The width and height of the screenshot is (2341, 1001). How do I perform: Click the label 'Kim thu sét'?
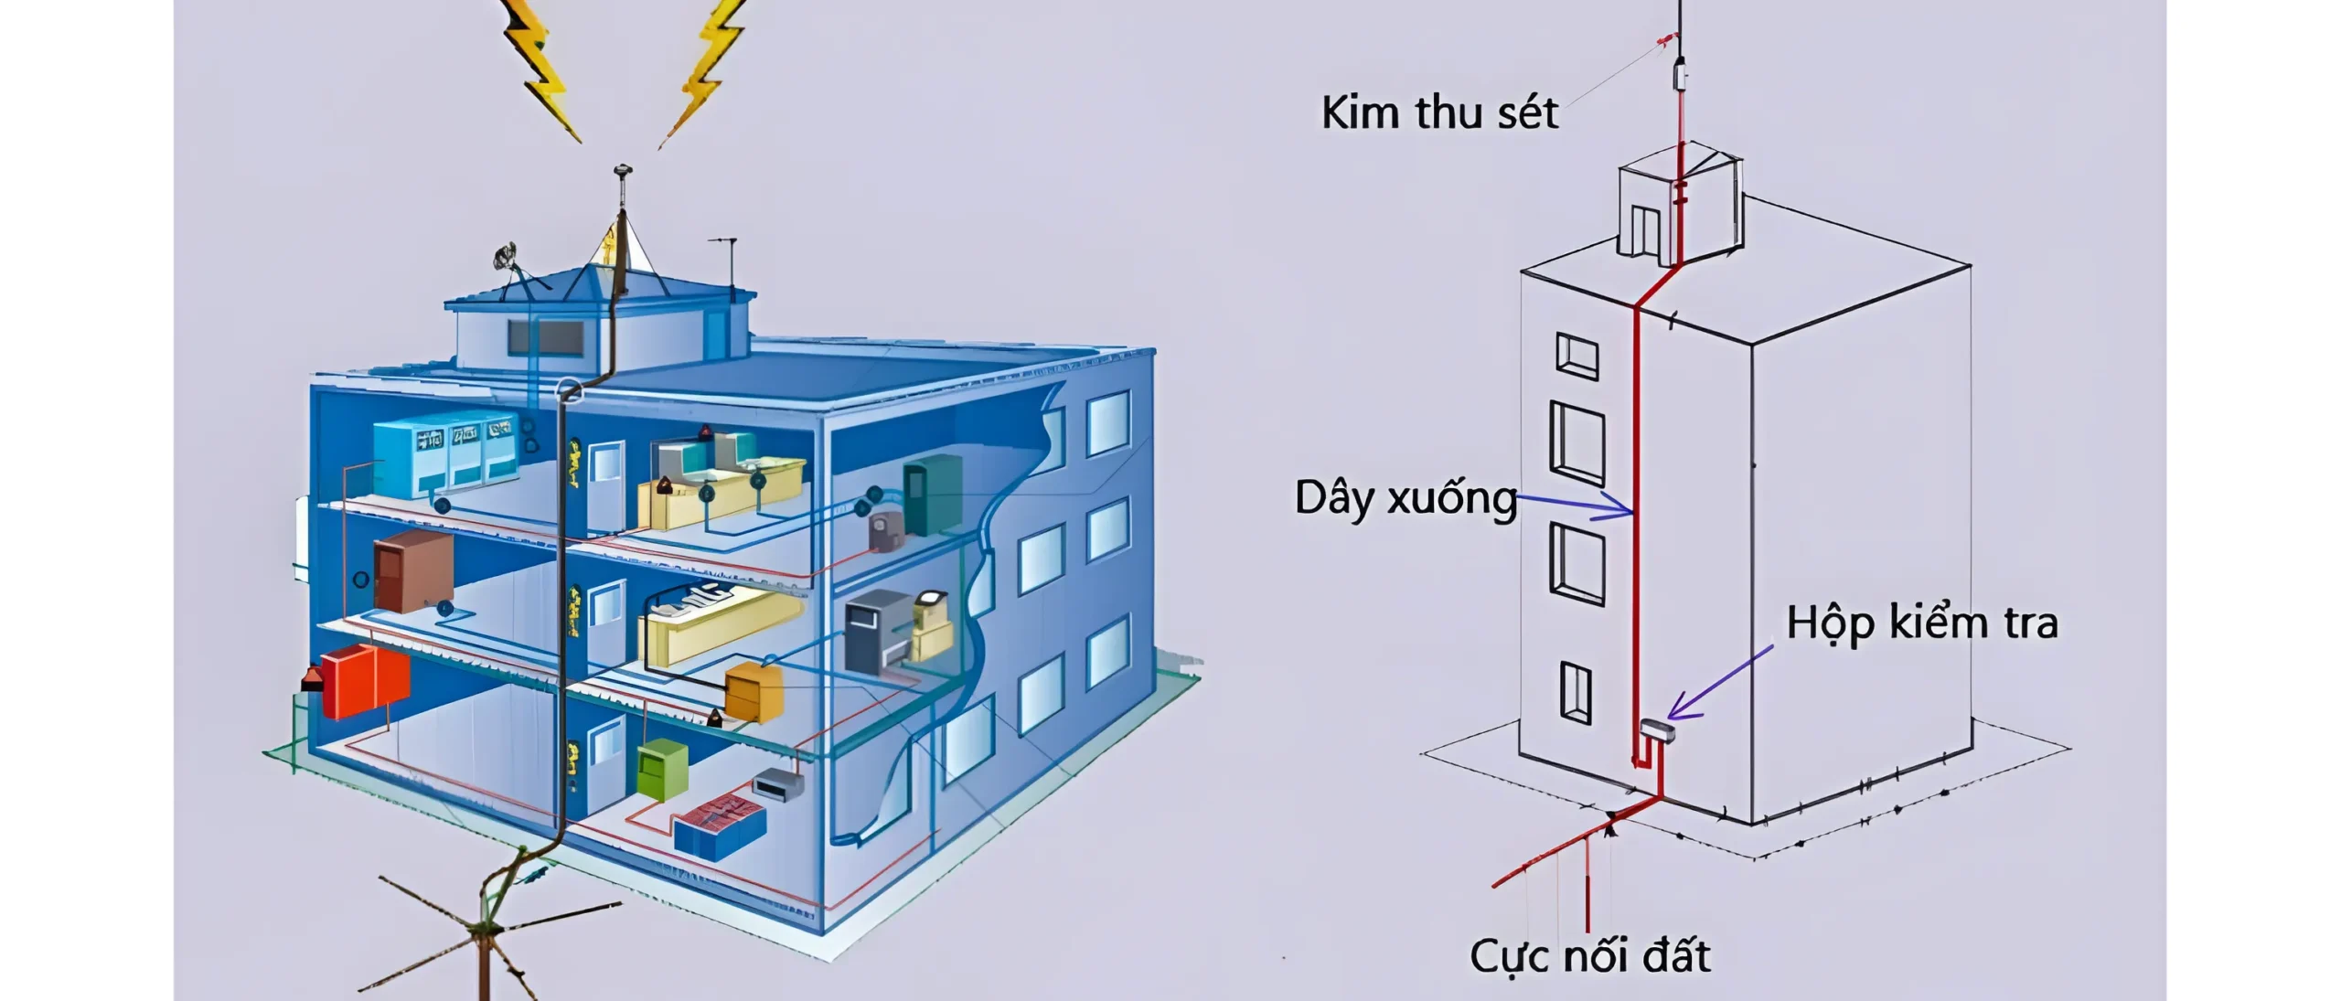[1439, 113]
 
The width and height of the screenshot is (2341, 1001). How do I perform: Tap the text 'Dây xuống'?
[1406, 499]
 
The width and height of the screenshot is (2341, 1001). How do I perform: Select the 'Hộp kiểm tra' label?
[1922, 623]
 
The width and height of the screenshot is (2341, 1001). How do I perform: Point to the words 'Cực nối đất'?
[1590, 956]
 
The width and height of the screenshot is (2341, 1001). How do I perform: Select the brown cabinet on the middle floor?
[412, 572]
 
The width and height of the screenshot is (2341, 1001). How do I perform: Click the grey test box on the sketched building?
[1656, 730]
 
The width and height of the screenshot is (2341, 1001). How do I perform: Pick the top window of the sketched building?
[1577, 357]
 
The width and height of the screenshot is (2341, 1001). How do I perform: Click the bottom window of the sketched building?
[1575, 692]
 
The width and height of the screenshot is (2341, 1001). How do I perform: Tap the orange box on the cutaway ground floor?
[754, 691]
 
